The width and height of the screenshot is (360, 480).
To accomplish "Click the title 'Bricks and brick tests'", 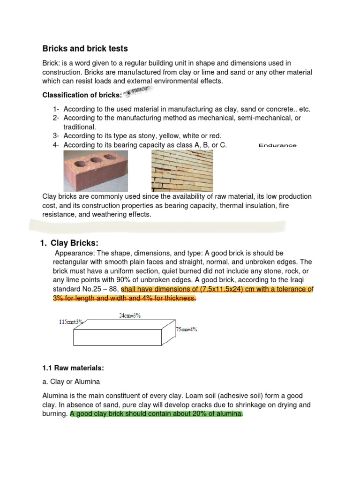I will pos(85,49).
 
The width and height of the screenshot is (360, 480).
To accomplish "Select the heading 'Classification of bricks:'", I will pos(82,95).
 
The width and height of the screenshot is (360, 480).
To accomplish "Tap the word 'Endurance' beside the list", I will pos(277,145).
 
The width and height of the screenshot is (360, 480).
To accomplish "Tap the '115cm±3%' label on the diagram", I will pos(71,322).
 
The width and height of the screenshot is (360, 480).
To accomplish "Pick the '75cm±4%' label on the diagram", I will pos(187,330).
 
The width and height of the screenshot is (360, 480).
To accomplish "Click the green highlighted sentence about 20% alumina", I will pos(157,414).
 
